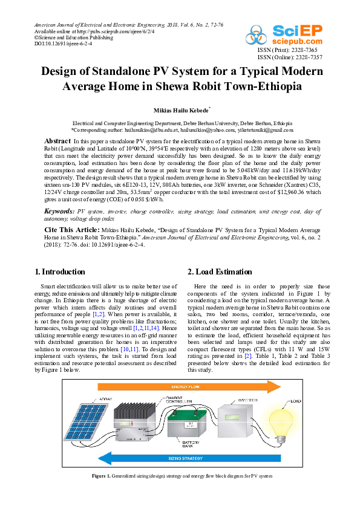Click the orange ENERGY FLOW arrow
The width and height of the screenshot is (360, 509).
click(x=182, y=386)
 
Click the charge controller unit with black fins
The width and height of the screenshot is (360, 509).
click(x=137, y=423)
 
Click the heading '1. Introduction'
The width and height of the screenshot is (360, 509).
click(x=60, y=271)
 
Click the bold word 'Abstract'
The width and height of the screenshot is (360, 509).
click(x=58, y=140)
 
